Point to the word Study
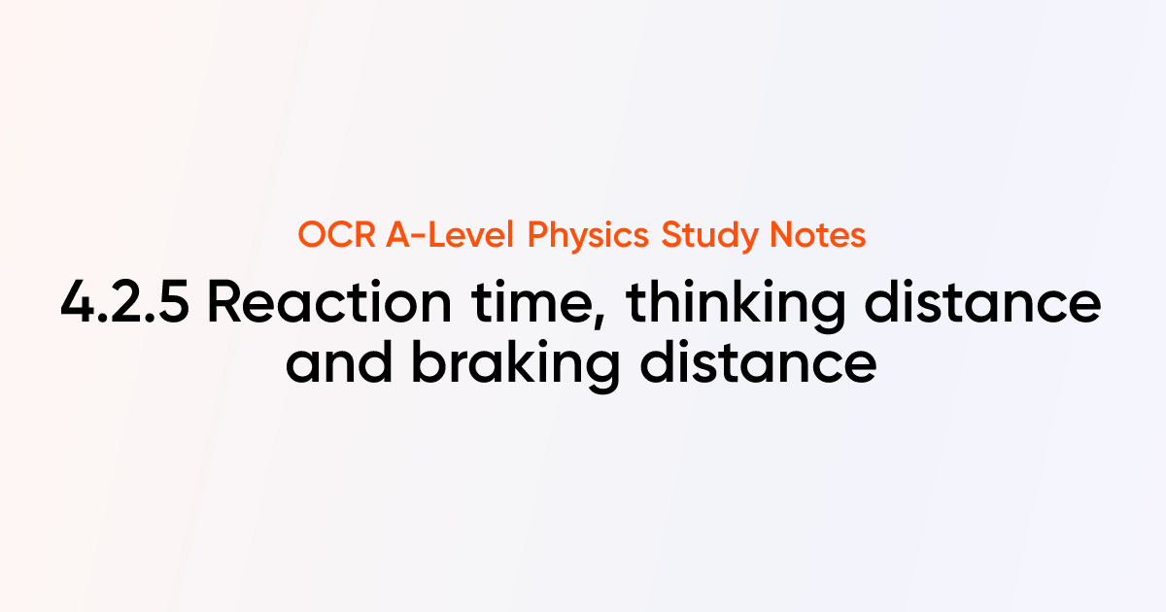pyautogui.click(x=705, y=236)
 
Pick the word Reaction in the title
pyautogui.click(x=329, y=305)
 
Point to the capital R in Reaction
pyautogui.click(x=225, y=305)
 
